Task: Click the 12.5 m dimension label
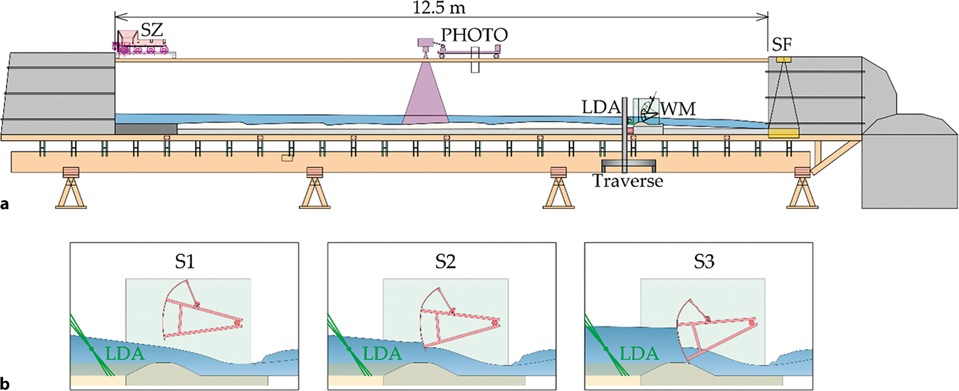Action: [x=439, y=8]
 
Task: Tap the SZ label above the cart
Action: [x=152, y=30]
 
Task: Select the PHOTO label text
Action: [x=474, y=35]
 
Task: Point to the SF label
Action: [x=782, y=44]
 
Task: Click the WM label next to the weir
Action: [x=678, y=109]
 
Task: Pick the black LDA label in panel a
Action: [x=600, y=107]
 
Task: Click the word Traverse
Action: [x=628, y=181]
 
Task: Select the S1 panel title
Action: [x=184, y=261]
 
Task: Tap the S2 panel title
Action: [x=445, y=261]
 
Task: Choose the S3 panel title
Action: [x=704, y=261]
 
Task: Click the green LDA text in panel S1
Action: [x=125, y=354]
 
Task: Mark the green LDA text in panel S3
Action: [x=639, y=354]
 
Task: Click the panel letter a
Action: [x=5, y=204]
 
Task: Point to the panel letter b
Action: [x=5, y=383]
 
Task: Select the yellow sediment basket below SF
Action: [x=783, y=132]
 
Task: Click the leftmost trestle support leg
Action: [x=71, y=191]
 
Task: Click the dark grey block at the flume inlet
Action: [x=146, y=129]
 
